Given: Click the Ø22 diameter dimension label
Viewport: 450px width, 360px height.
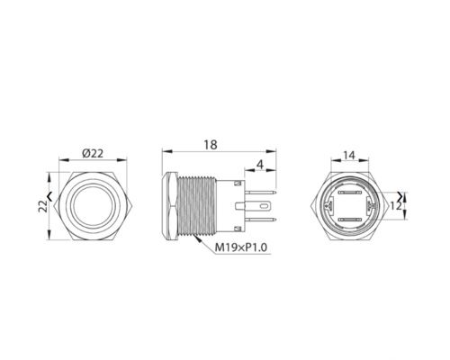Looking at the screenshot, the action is coord(93,154).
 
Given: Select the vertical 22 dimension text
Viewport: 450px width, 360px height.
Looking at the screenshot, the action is coord(44,206).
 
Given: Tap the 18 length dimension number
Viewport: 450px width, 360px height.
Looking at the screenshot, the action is coord(211,145).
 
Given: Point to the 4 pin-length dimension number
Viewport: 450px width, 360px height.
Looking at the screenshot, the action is coord(260,165).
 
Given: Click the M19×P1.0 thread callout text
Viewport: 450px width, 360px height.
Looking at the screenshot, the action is coord(241,247).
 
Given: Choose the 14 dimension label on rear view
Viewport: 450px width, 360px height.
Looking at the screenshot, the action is coord(349,156).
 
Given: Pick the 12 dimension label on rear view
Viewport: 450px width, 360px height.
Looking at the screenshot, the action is coord(396,206).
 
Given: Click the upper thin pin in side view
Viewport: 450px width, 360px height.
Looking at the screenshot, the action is coord(260,192).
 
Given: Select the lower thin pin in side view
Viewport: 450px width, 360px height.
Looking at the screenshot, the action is coord(260,220).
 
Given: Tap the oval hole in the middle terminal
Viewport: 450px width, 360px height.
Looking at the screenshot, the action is coord(265,206).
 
